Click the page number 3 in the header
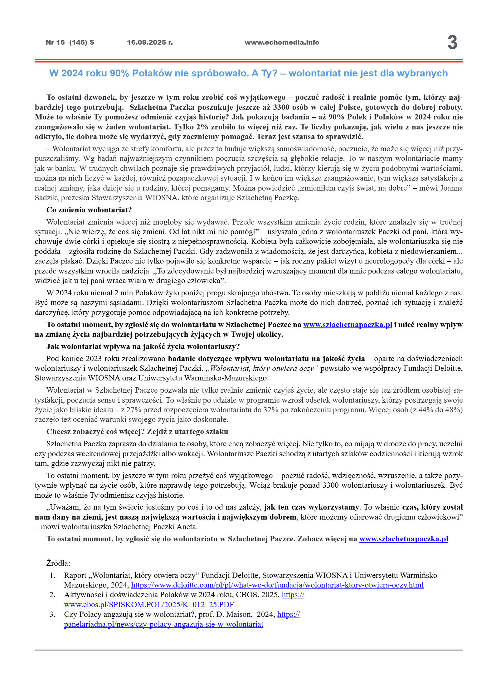(x=452, y=42)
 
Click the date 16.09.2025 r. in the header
(x=150, y=42)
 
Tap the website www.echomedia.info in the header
(x=282, y=42)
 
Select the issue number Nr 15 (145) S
(x=70, y=42)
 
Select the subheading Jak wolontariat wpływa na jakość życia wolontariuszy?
(x=143, y=346)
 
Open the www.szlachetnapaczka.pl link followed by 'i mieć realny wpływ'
(x=347, y=325)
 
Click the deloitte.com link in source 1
(x=277, y=585)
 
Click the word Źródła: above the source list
(x=58, y=563)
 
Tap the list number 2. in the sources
(x=52, y=595)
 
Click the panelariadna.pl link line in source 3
(x=163, y=624)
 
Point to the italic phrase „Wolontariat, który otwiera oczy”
(x=262, y=368)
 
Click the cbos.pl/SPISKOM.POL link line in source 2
(x=149, y=605)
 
